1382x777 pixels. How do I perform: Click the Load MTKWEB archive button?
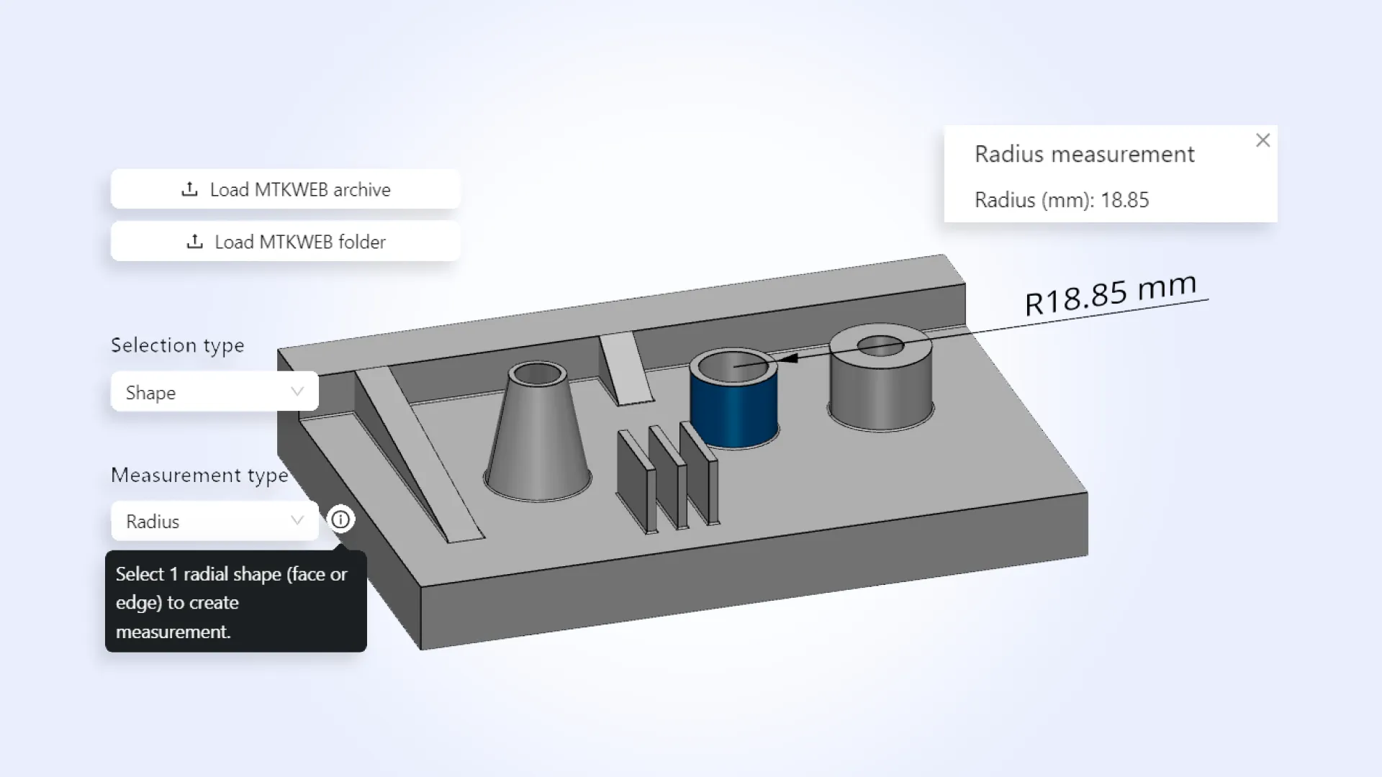click(286, 189)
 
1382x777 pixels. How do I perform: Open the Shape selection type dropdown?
click(214, 392)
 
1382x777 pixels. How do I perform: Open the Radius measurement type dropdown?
click(214, 521)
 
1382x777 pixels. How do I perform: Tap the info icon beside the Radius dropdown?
click(340, 519)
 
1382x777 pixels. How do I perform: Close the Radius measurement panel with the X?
click(1263, 140)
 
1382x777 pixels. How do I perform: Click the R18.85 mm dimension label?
click(1110, 294)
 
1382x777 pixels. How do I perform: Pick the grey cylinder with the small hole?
click(880, 388)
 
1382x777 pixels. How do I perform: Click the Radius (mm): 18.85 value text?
click(1061, 200)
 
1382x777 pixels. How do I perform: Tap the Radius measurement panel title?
click(1084, 154)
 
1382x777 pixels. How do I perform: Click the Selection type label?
click(178, 345)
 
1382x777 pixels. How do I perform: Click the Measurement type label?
click(199, 475)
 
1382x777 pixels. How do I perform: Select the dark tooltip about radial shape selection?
click(235, 602)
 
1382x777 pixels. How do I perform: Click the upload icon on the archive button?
click(189, 189)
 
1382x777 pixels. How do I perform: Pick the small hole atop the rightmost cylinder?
click(880, 346)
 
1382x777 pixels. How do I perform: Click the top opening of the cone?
click(537, 374)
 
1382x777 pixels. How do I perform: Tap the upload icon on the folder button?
click(194, 242)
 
